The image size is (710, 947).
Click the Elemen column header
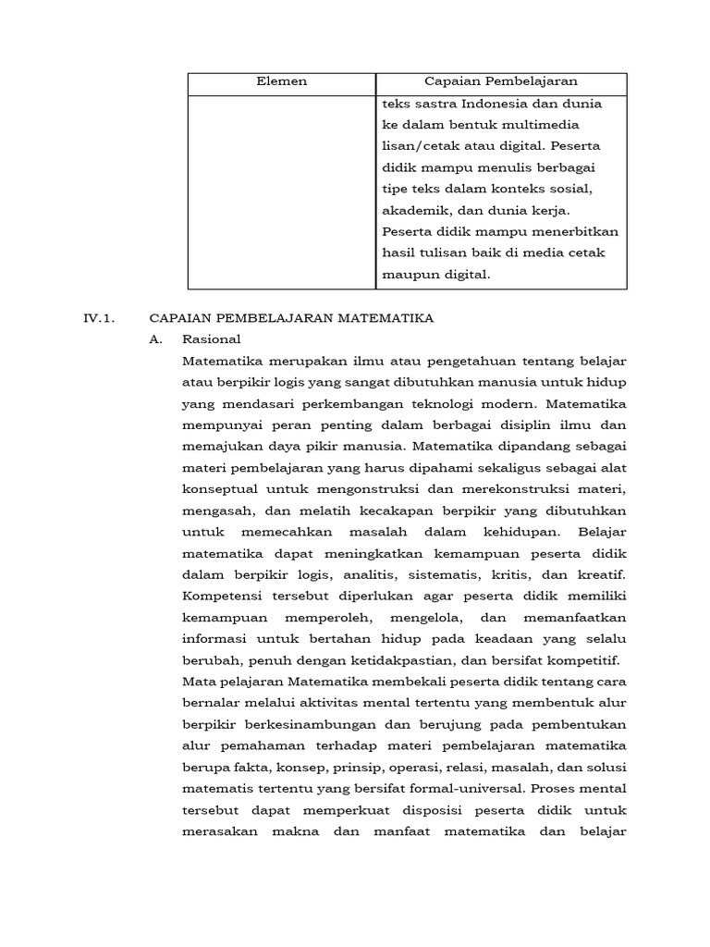(x=281, y=82)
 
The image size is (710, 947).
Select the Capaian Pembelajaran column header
(x=500, y=82)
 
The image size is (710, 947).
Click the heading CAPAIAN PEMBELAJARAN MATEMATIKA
(x=291, y=318)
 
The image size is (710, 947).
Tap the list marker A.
(x=155, y=339)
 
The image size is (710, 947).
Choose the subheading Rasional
(x=212, y=339)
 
